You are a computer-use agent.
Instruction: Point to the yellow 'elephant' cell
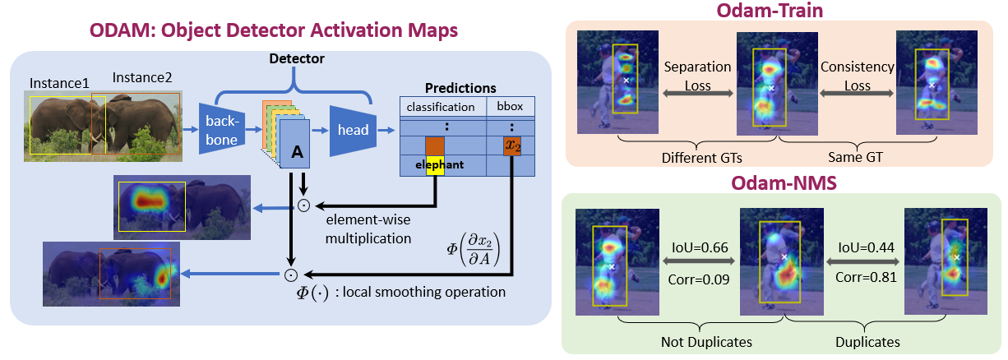434,164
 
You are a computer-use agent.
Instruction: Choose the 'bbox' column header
511,107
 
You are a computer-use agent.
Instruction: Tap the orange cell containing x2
512,146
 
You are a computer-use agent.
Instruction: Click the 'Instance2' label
142,78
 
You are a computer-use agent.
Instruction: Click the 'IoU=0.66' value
697,246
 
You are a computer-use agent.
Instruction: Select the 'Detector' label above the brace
296,59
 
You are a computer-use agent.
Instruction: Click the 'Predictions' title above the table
460,88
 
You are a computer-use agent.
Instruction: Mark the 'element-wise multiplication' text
368,229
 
